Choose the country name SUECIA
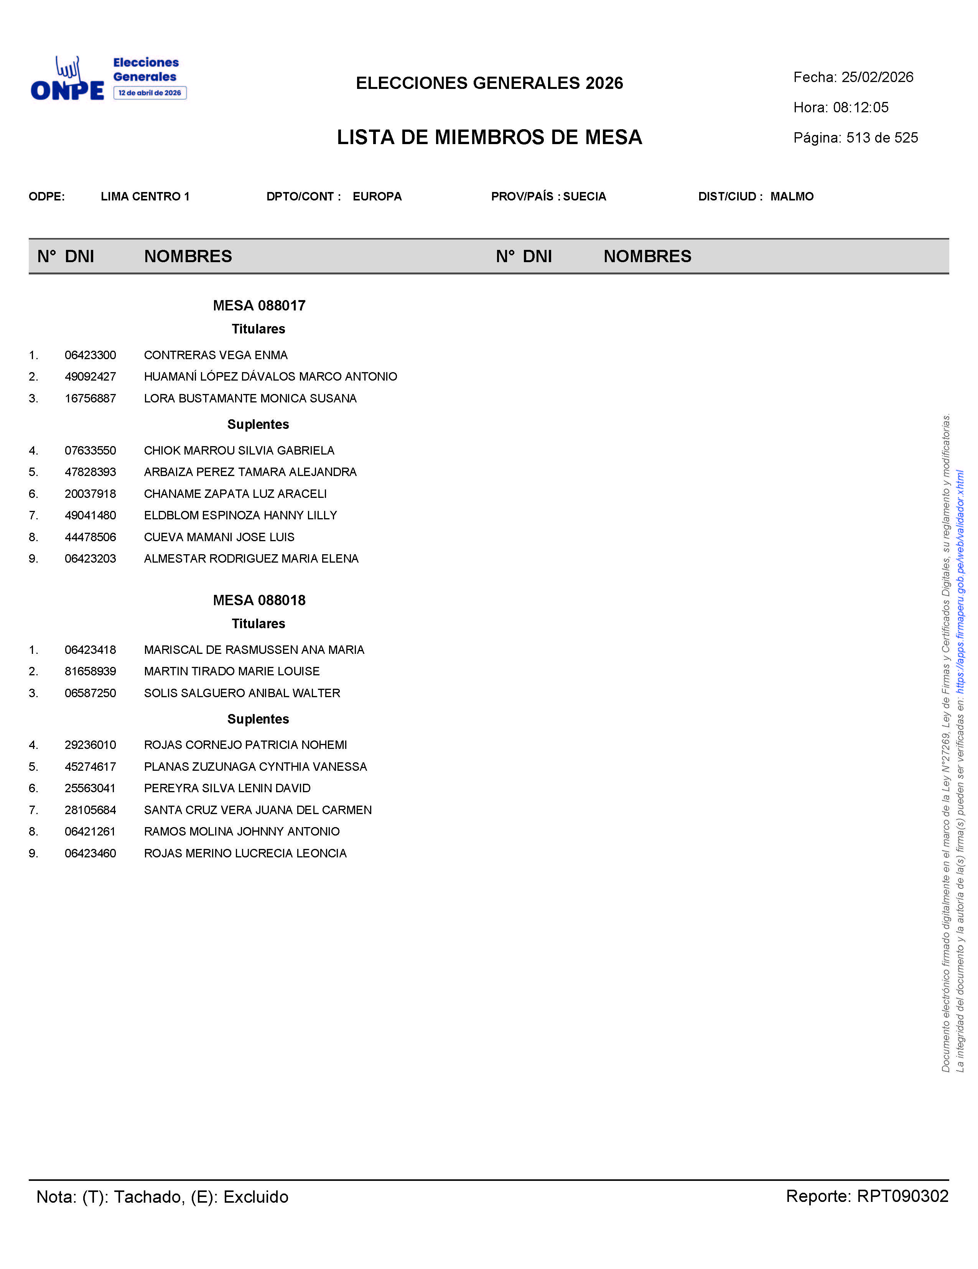[584, 196]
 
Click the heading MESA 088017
[259, 305]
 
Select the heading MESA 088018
[259, 600]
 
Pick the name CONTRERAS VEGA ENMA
[216, 355]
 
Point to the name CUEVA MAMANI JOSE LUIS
[219, 537]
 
